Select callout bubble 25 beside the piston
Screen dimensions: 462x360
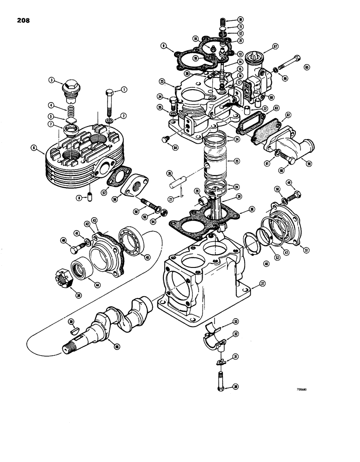(236, 161)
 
